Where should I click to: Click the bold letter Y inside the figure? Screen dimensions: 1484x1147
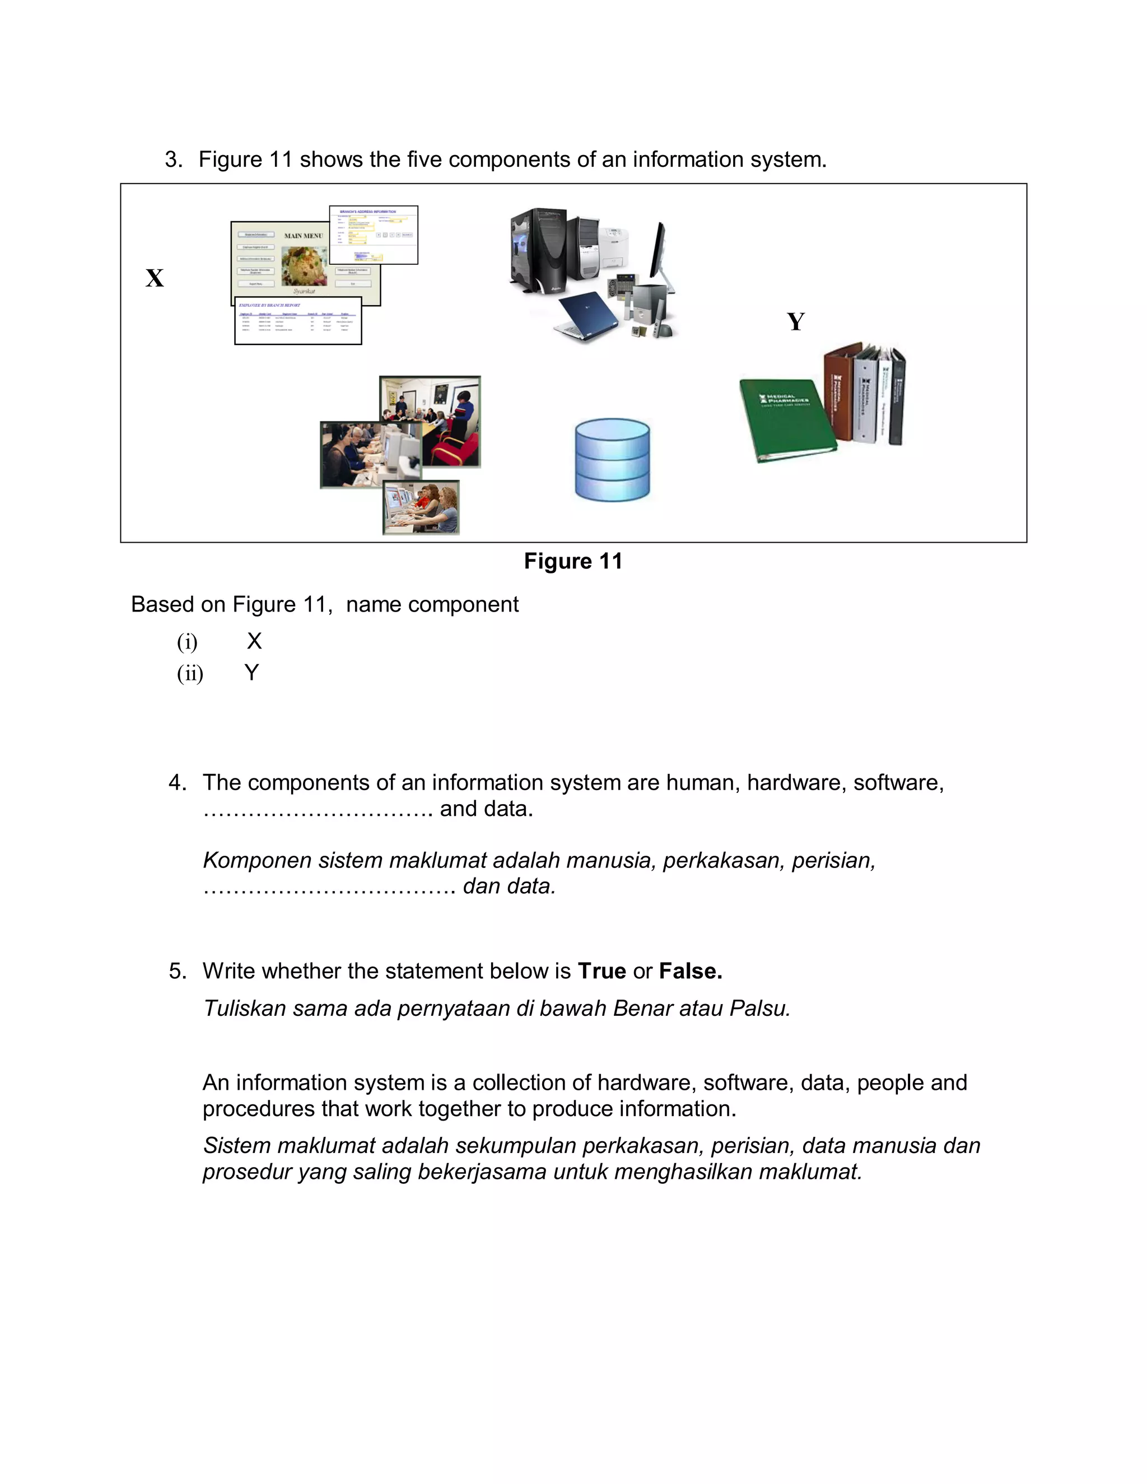[796, 321]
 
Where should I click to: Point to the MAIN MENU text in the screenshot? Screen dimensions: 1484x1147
[303, 236]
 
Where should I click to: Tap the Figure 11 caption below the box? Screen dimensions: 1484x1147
[573, 561]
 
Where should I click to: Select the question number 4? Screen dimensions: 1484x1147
[178, 783]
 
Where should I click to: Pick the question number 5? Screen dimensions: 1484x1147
[178, 971]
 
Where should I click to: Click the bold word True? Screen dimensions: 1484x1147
[602, 971]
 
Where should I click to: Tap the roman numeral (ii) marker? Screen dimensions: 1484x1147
[190, 673]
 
